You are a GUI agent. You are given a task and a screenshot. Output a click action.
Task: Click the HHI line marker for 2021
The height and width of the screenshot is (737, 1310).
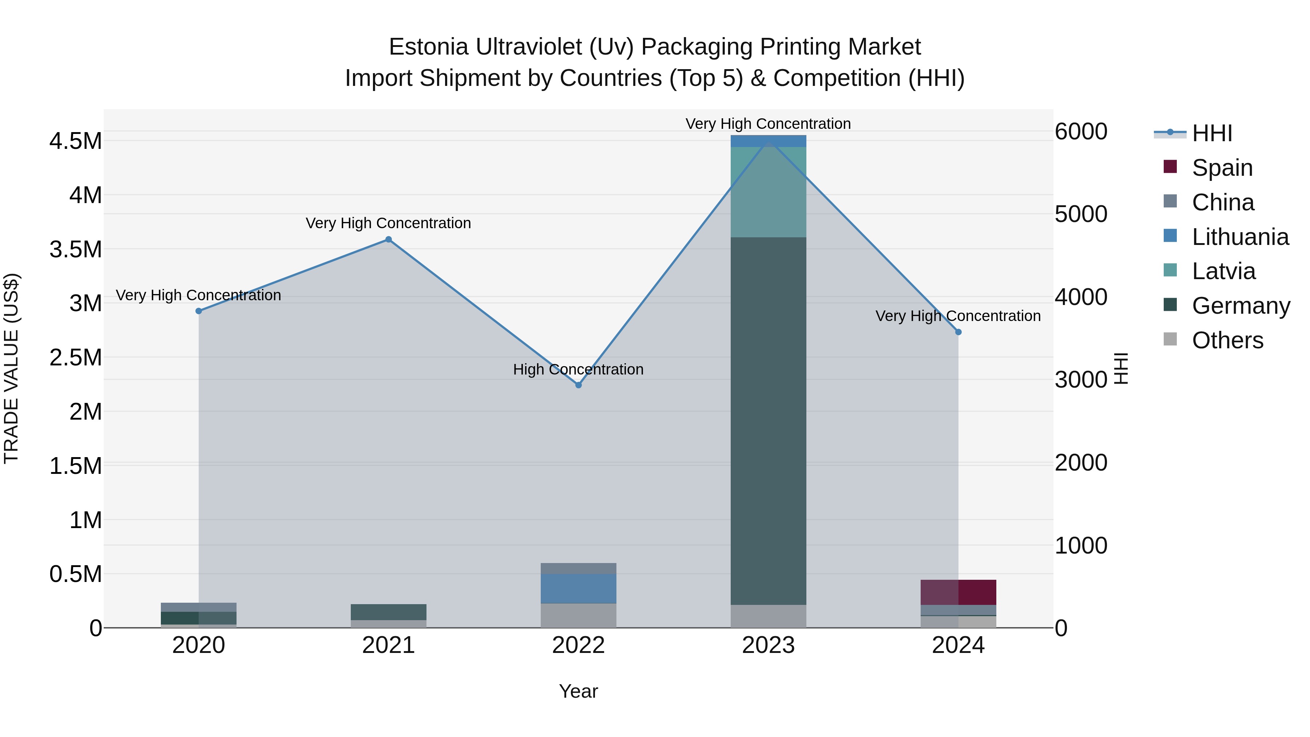[389, 239]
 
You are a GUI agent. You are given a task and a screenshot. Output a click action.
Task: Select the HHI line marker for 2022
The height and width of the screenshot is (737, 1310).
[578, 385]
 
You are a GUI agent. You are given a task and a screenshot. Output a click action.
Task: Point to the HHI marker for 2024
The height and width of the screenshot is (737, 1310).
[958, 332]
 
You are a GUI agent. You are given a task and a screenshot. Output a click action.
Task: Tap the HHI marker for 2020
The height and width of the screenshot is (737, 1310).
[199, 311]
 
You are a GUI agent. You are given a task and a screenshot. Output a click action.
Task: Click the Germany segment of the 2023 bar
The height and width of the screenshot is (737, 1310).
[769, 421]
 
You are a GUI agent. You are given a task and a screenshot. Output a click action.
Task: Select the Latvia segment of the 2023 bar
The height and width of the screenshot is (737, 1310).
[769, 192]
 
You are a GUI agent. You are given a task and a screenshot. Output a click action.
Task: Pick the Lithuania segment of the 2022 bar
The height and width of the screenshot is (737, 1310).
[578, 589]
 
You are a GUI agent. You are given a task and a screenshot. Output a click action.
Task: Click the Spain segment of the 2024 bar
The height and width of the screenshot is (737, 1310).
[958, 592]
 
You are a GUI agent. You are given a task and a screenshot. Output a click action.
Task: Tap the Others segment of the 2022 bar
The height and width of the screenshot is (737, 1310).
[578, 615]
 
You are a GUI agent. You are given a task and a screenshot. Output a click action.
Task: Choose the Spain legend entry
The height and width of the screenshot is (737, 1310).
[1222, 168]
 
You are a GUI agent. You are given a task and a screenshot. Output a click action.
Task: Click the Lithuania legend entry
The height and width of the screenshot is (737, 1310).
[1240, 237]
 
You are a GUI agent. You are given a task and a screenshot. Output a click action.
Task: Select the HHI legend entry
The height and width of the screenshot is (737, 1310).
[1212, 133]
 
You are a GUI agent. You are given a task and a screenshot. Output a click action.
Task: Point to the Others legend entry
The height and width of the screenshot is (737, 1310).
[1227, 340]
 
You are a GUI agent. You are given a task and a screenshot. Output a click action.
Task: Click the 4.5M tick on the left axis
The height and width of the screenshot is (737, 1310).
[76, 141]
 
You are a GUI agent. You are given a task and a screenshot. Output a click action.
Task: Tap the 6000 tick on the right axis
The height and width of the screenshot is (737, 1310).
[1081, 131]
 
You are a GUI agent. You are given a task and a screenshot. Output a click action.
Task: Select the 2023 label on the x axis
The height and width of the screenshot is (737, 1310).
[769, 645]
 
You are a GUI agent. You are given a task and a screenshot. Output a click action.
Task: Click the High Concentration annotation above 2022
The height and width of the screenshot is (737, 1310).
[578, 369]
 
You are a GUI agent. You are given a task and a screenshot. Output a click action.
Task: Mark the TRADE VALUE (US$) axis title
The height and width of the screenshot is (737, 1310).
[12, 368]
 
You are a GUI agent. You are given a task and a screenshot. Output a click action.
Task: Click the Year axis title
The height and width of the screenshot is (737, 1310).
[578, 691]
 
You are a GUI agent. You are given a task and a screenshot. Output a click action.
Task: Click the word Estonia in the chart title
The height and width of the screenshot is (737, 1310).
[428, 47]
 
